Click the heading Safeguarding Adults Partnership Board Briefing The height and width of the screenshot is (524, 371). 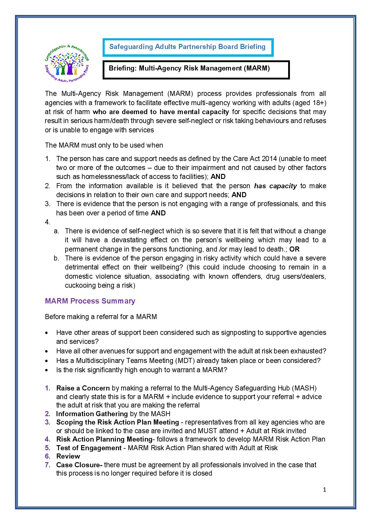[187, 47]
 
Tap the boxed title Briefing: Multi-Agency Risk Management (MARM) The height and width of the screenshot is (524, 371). [189, 68]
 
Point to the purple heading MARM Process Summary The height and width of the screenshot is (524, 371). [90, 301]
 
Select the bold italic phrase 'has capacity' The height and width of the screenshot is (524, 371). [275, 186]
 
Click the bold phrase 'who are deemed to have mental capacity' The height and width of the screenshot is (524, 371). [161, 112]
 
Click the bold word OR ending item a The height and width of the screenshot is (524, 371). [294, 249]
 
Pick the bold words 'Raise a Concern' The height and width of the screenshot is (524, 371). [83, 388]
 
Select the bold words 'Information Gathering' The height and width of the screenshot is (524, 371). [92, 414]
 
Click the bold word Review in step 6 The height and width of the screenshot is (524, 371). [68, 456]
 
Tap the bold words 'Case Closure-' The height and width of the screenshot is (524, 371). [79, 465]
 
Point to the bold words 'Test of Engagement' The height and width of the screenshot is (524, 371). [89, 448]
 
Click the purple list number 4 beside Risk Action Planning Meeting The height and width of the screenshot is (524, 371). [47, 439]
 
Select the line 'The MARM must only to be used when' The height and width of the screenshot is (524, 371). [104, 145]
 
